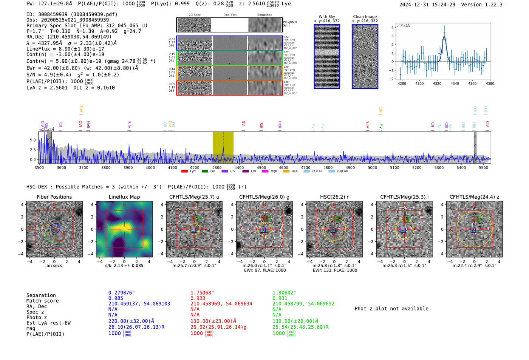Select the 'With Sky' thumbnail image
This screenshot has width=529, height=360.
point(327,56)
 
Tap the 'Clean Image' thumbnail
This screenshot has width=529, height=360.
point(365,56)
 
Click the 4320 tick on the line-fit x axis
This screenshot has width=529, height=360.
point(437,83)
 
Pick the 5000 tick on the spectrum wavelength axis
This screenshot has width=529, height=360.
point(373,167)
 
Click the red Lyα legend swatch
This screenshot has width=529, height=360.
point(184,172)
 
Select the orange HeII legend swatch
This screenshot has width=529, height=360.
point(286,172)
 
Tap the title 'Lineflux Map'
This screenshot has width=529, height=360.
point(124,197)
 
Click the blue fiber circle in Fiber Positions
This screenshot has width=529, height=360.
point(55,228)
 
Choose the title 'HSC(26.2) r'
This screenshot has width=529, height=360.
point(334,197)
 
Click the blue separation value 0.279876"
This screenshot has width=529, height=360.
point(122,293)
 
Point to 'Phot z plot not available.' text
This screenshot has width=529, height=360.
point(393,309)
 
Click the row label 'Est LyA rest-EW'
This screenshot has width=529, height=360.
point(48,323)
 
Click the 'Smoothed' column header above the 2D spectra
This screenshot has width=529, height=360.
point(264,15)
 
